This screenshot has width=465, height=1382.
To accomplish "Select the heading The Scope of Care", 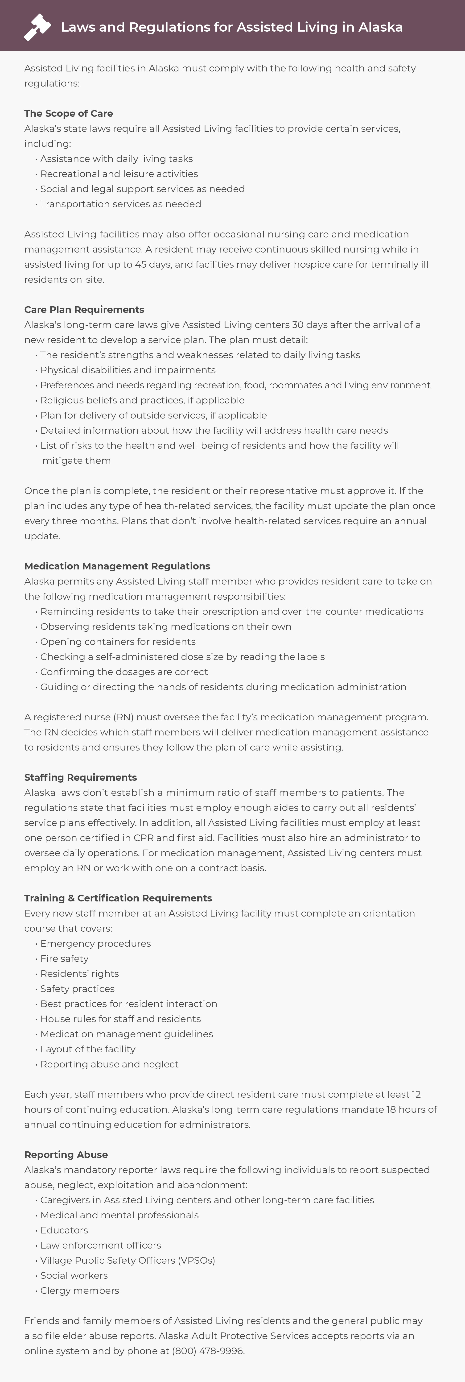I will [x=69, y=113].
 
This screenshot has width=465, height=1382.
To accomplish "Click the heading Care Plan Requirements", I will [x=84, y=310].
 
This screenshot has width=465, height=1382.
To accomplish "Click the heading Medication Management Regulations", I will [x=117, y=566].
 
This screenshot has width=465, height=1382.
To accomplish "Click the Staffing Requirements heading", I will [x=80, y=777].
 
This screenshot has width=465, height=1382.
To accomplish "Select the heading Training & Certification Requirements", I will [x=118, y=898].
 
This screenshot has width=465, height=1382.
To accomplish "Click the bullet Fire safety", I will [x=64, y=958].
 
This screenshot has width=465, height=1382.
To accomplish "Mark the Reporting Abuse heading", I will [x=66, y=1154].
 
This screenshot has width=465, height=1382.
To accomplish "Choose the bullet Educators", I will [x=64, y=1230].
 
